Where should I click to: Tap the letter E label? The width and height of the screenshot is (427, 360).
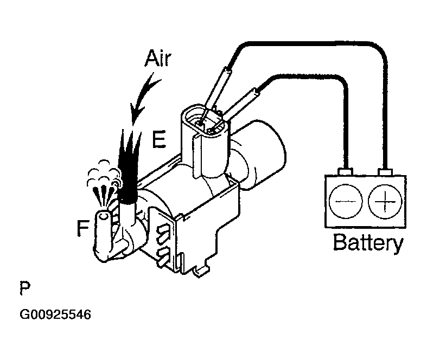tap(158, 139)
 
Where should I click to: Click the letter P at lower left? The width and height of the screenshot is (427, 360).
tap(24, 288)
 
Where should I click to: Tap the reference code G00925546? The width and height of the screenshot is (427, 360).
tap(55, 315)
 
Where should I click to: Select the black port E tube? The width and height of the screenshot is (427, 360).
tap(128, 163)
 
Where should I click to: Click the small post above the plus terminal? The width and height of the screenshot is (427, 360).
tap(386, 172)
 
